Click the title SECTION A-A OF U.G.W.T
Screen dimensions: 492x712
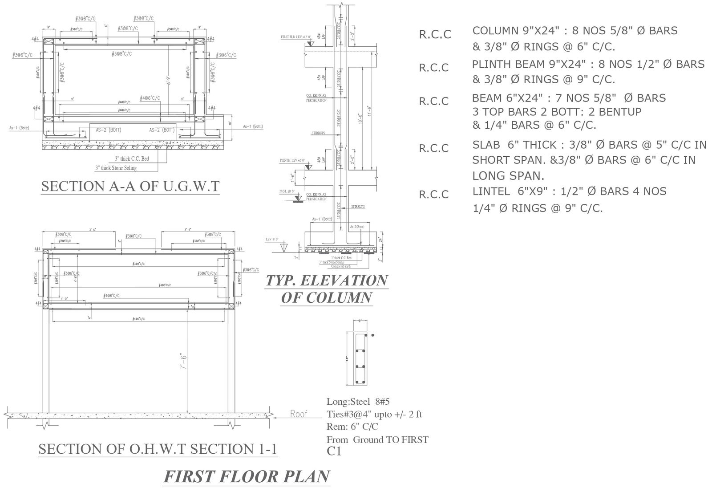(x=130, y=186)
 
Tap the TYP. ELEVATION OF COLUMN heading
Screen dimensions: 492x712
(x=327, y=289)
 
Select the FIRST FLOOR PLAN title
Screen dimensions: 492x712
(x=247, y=476)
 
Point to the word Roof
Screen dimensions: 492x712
(x=299, y=414)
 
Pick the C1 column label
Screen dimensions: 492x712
(x=334, y=451)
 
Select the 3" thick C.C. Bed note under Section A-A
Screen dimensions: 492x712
(x=132, y=159)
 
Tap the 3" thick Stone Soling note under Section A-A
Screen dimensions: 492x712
(x=116, y=168)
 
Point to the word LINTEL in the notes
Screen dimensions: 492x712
(x=491, y=191)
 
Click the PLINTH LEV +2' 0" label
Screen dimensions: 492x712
(x=293, y=160)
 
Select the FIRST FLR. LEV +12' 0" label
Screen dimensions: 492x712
(x=296, y=37)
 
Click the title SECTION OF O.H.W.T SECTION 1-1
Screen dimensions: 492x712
(x=158, y=449)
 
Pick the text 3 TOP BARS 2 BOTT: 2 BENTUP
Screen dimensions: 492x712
(x=557, y=111)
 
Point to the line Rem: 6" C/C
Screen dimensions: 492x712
(x=352, y=427)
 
